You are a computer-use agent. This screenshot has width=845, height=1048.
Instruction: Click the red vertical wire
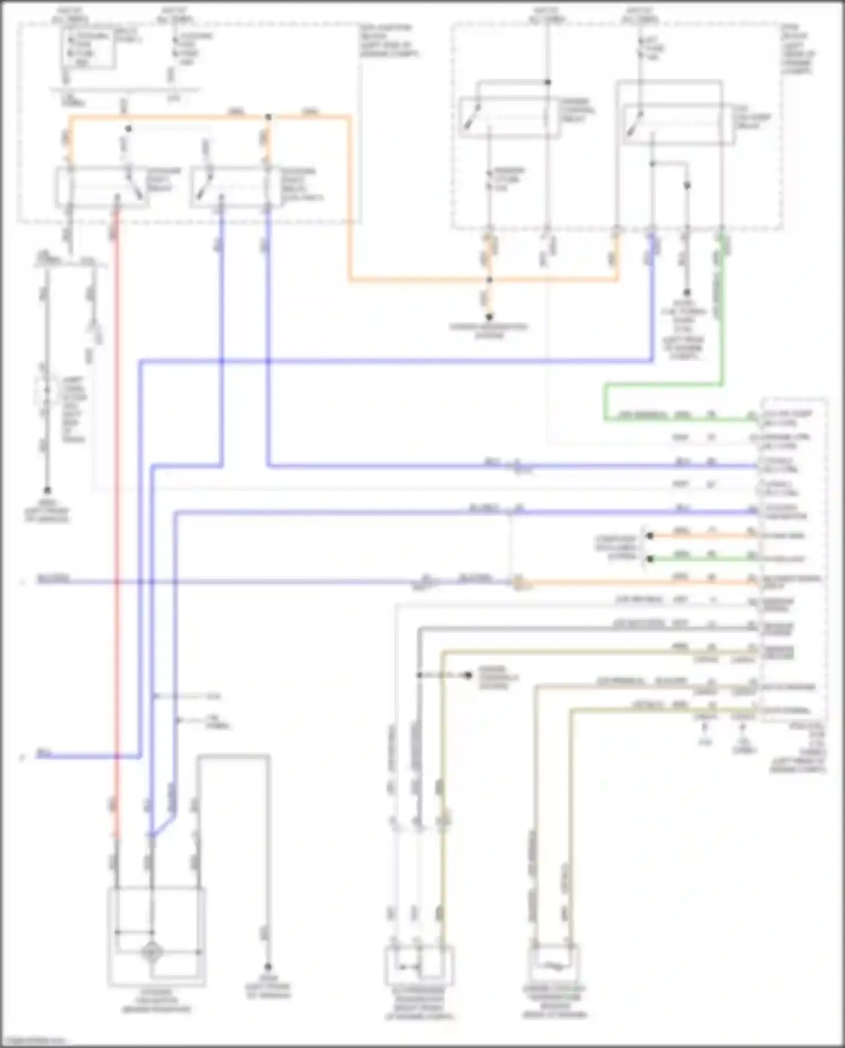pyautogui.click(x=117, y=507)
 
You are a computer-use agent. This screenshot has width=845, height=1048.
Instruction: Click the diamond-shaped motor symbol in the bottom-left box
pyautogui.click(x=152, y=951)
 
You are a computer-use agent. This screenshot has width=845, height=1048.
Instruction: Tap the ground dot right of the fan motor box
pyautogui.click(x=268, y=966)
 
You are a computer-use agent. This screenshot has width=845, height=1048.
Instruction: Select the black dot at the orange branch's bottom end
pyautogui.click(x=490, y=317)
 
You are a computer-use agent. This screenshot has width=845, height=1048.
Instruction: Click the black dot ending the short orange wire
pyautogui.click(x=650, y=536)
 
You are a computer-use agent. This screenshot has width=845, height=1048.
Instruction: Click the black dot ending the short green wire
pyautogui.click(x=650, y=559)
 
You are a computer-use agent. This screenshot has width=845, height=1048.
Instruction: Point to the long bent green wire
pyautogui.click(x=665, y=385)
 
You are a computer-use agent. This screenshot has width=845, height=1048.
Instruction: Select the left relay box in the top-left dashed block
pyautogui.click(x=101, y=187)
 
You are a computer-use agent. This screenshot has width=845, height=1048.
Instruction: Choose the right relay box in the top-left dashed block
pyautogui.click(x=231, y=187)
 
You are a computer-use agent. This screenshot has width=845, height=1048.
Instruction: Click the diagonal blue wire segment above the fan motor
pyautogui.click(x=163, y=823)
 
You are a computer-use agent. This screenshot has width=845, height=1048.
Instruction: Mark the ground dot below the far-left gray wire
pyautogui.click(x=47, y=490)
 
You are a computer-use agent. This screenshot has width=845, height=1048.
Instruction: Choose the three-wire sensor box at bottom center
pyautogui.click(x=419, y=965)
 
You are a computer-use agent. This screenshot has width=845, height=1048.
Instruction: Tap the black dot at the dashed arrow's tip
pyautogui.click(x=468, y=675)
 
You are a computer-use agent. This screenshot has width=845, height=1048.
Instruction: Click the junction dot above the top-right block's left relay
pyautogui.click(x=547, y=82)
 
